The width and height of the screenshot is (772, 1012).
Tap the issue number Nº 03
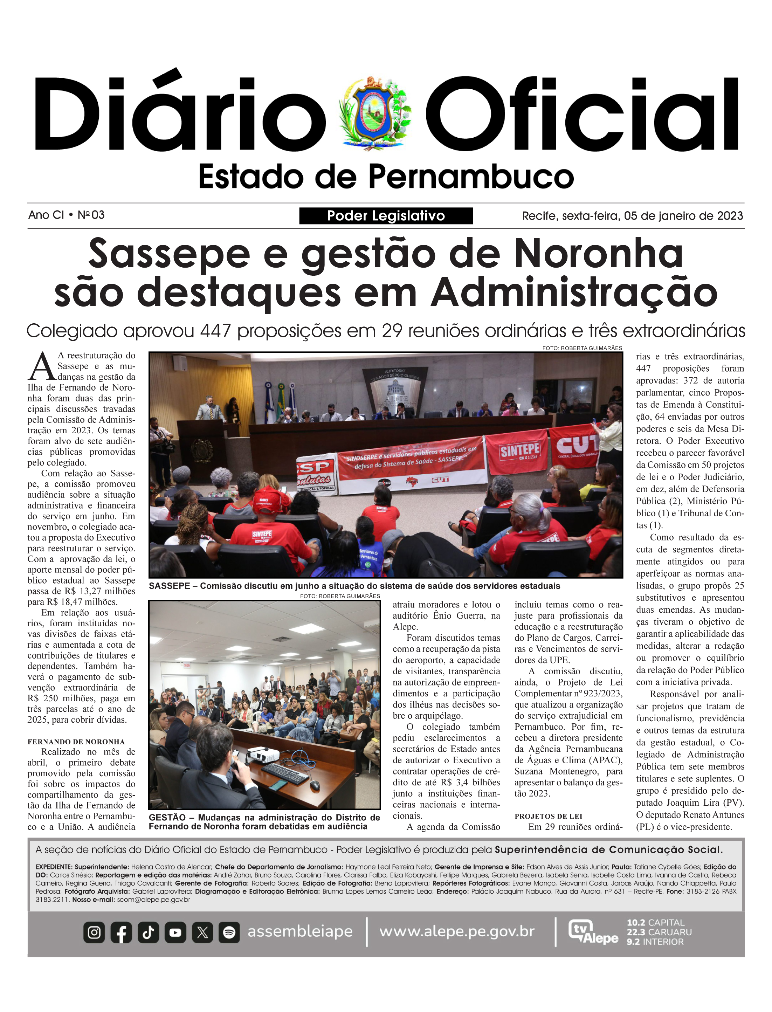pyautogui.click(x=91, y=215)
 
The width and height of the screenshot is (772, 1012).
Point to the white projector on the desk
pyautogui.click(x=263, y=754)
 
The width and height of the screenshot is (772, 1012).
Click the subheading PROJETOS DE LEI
pyautogui.click(x=548, y=816)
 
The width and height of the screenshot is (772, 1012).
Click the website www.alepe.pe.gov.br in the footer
pyautogui.click(x=457, y=931)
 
